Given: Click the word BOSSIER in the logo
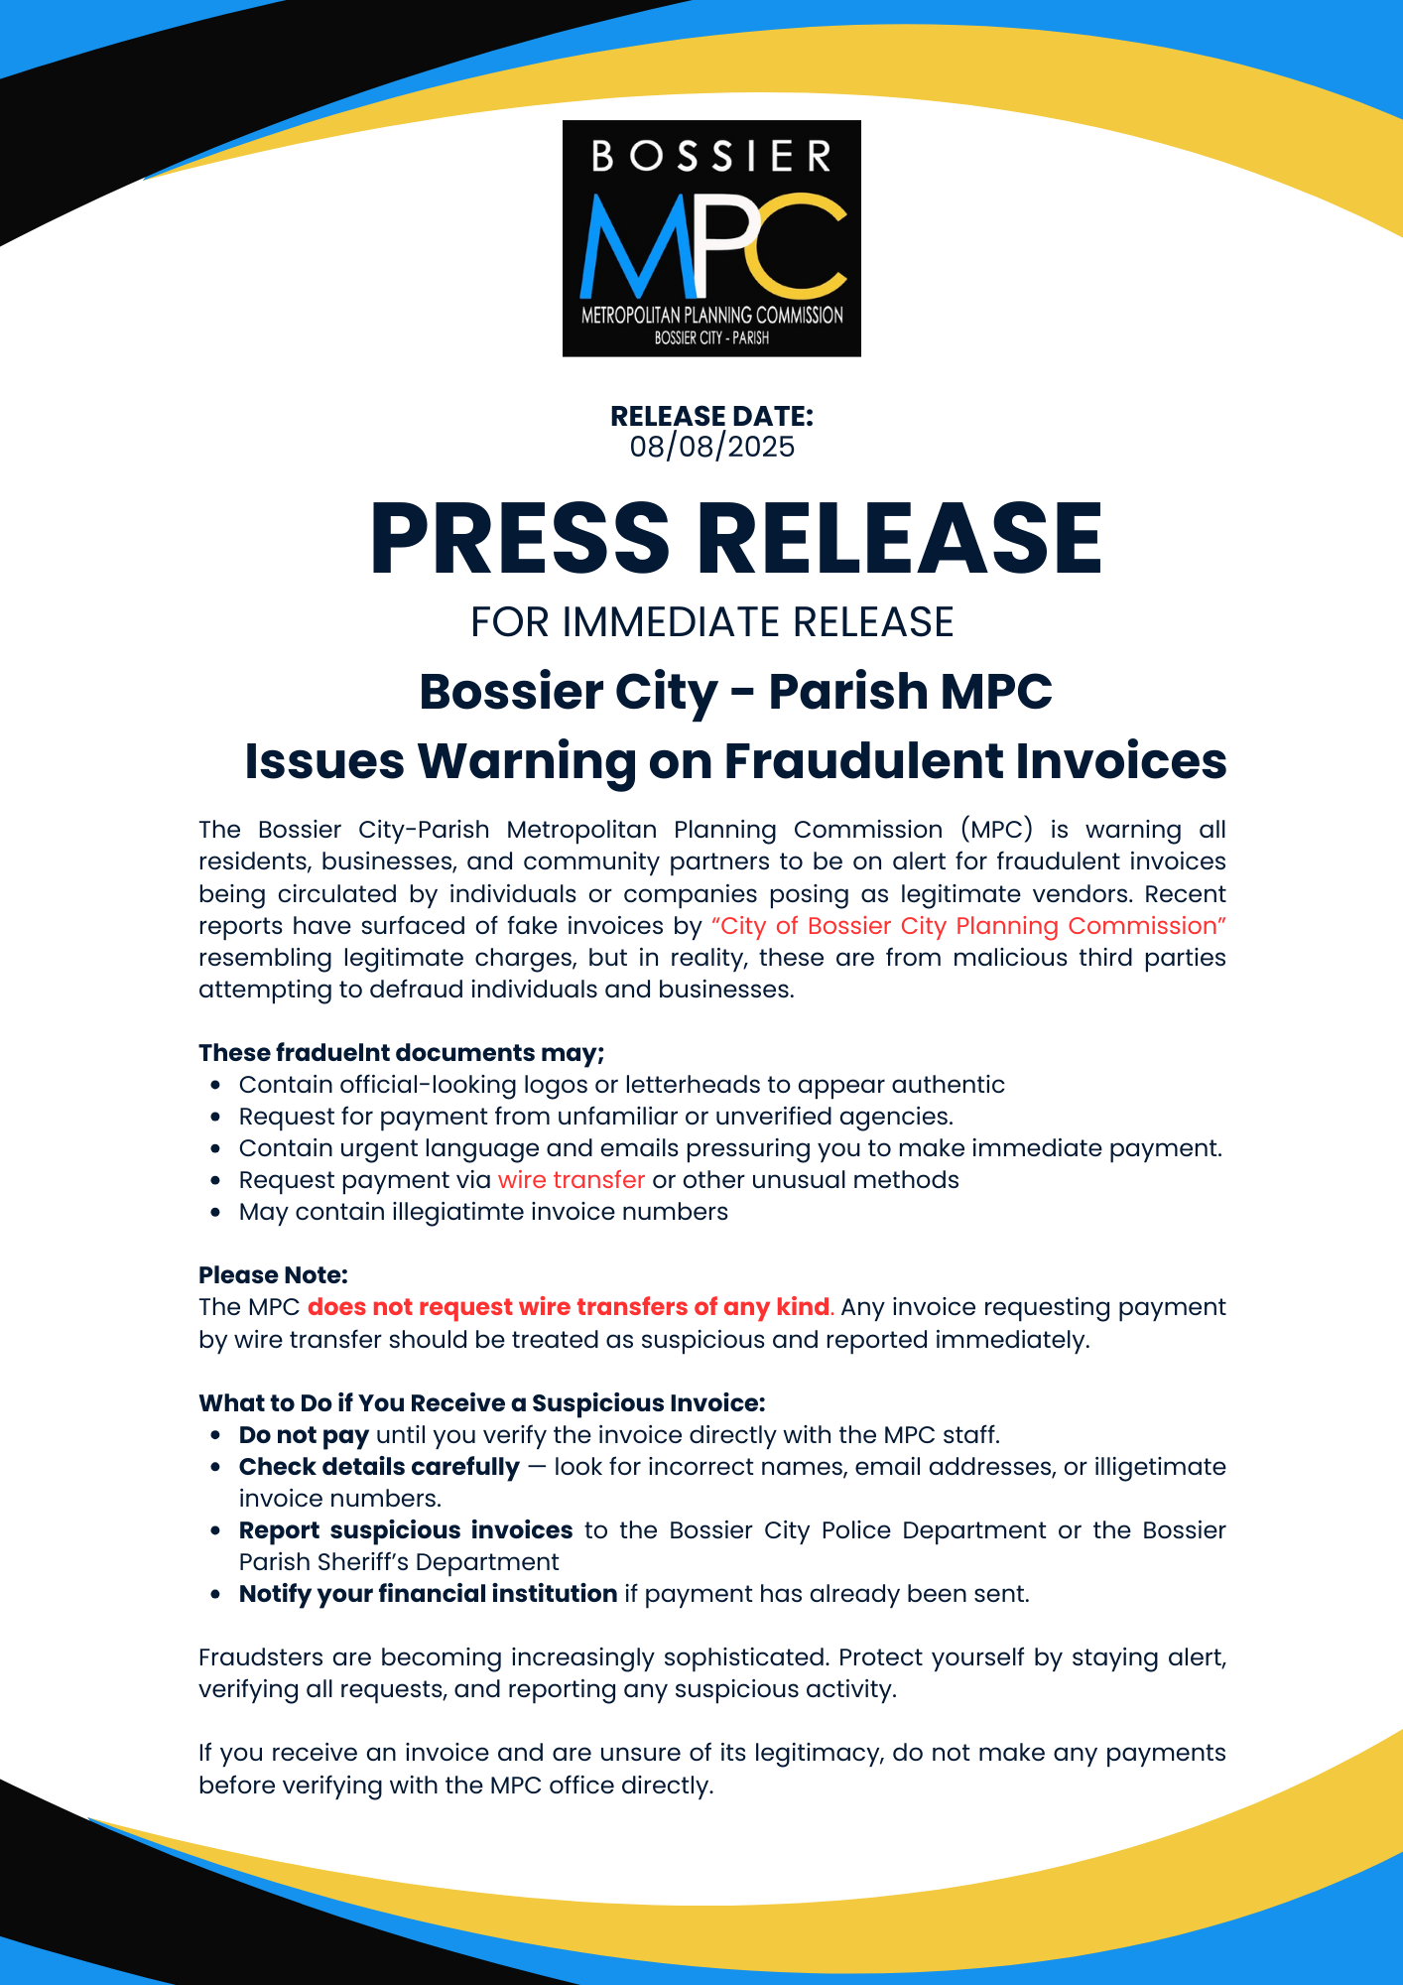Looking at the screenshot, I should [x=711, y=157].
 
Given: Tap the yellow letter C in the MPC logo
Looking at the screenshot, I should [x=800, y=246].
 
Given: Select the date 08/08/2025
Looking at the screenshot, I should [x=711, y=447].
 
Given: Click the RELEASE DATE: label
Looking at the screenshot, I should [x=711, y=416].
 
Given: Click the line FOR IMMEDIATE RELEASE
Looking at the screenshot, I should [x=711, y=622].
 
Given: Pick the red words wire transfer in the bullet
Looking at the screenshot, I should [x=572, y=1180].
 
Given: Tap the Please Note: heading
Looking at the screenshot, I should [x=273, y=1275].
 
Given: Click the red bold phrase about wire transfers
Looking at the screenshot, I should [x=569, y=1307].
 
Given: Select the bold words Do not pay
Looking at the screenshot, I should [x=304, y=1435].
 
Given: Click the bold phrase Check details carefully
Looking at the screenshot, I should [x=379, y=1467].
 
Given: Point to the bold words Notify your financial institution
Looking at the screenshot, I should [x=428, y=1594].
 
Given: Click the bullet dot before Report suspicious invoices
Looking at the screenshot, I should [x=215, y=1531].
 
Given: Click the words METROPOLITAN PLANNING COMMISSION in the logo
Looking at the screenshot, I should [x=711, y=316].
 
